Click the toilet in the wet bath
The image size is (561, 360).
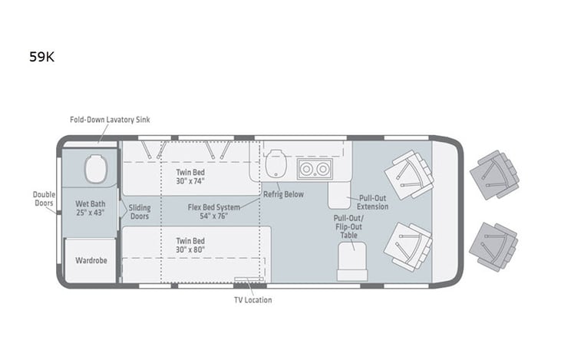(x=97, y=169)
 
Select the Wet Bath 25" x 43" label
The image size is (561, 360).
(x=90, y=207)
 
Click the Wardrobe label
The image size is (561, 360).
(x=91, y=259)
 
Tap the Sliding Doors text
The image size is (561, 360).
(x=139, y=213)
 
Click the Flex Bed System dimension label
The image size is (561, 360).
(x=214, y=212)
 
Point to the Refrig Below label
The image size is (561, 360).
(x=283, y=194)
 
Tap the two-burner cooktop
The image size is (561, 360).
(x=314, y=169)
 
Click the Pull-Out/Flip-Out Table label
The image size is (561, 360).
(x=348, y=226)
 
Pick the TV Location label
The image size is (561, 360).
(x=252, y=299)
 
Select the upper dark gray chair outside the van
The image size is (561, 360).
(x=493, y=174)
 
